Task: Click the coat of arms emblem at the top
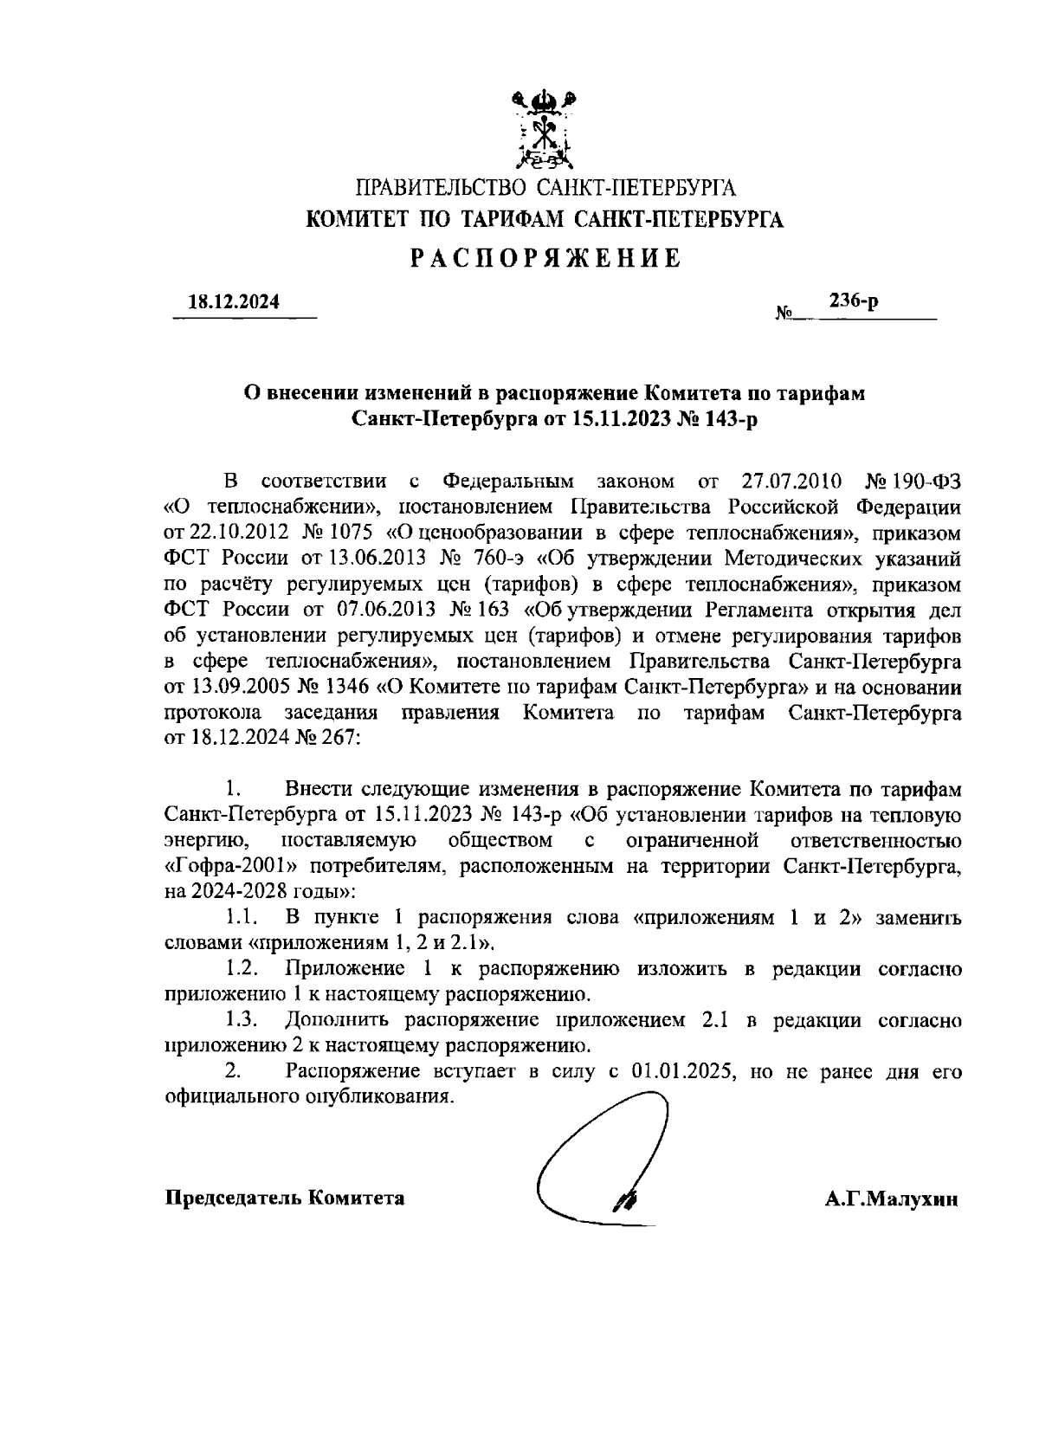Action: (544, 130)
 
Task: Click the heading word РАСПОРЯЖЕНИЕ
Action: (544, 258)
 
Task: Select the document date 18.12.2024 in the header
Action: (234, 302)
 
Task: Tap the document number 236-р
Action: (854, 300)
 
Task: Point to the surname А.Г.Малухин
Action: (891, 1199)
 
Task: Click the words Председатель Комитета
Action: (285, 1199)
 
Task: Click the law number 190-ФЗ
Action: (927, 480)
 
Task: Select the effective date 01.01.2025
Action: (683, 1070)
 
